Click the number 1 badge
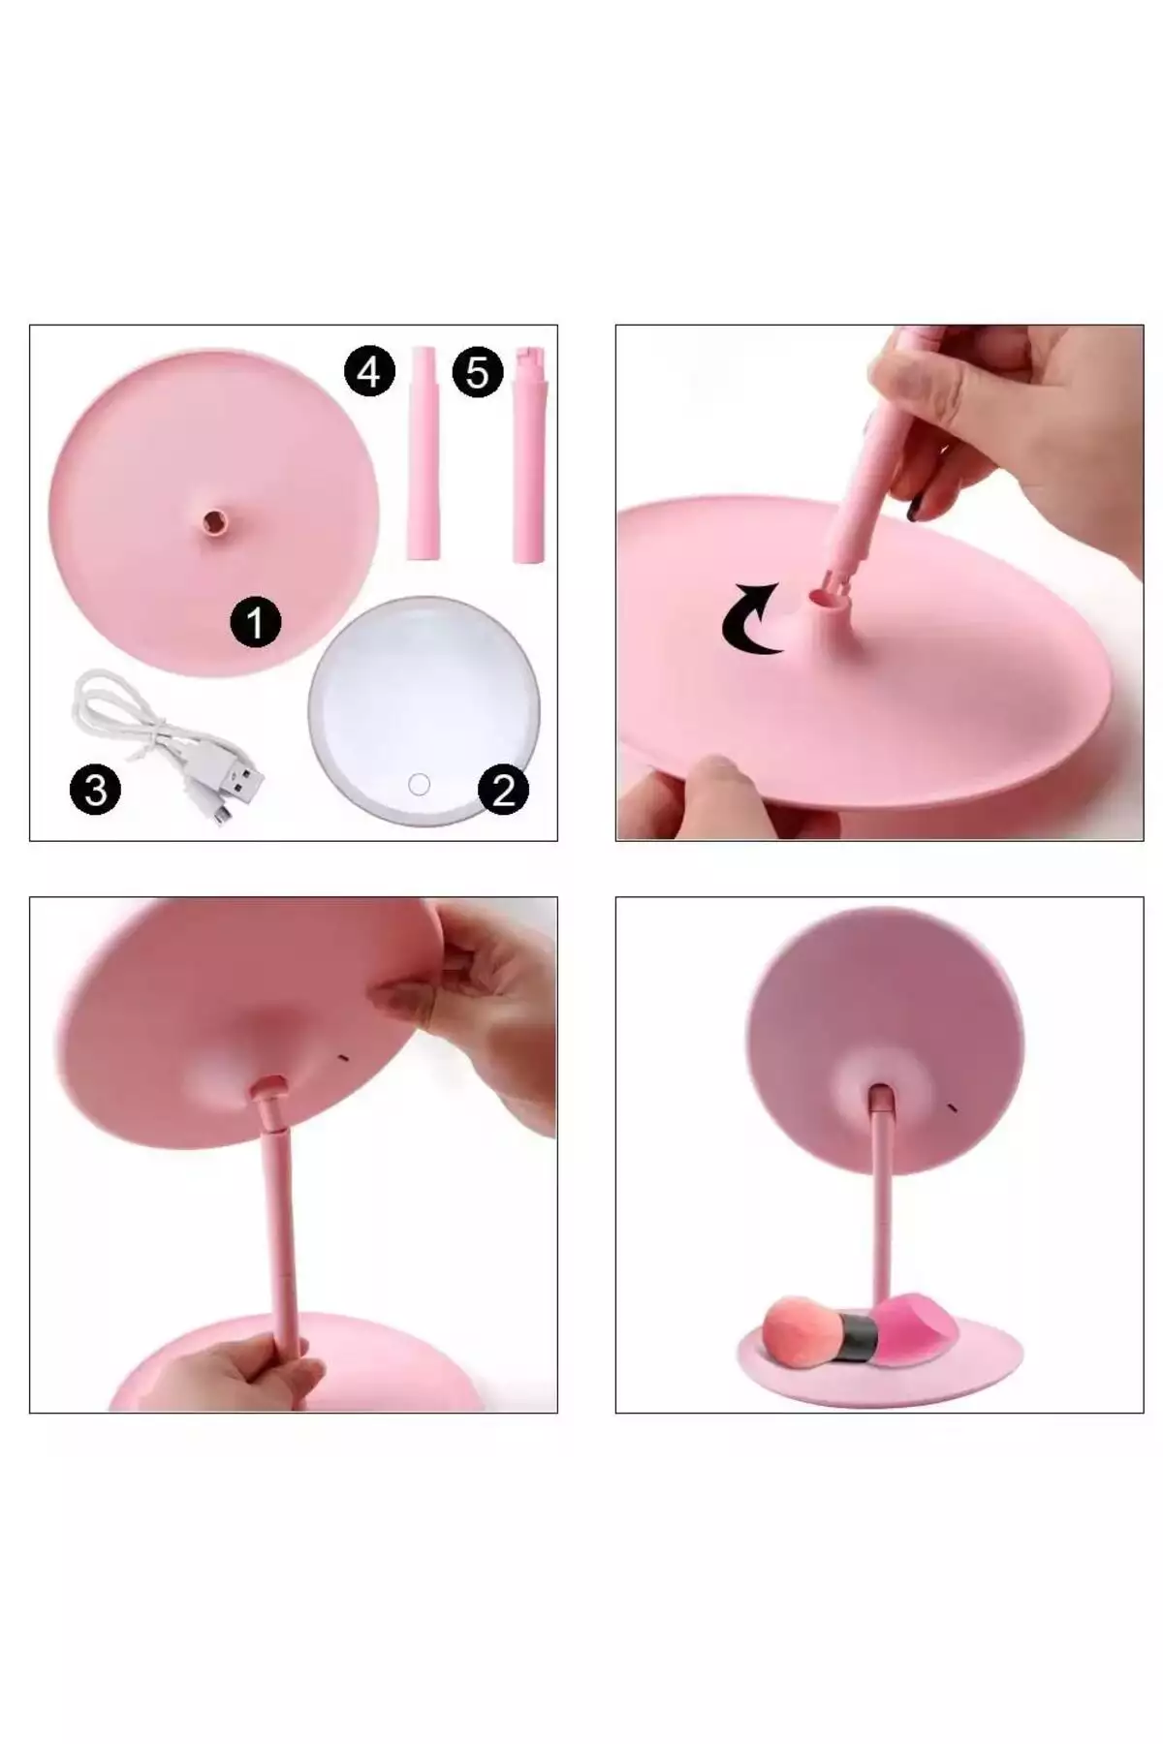(255, 621)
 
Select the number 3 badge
(95, 790)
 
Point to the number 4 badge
(369, 371)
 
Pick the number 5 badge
(477, 371)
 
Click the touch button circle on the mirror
(419, 784)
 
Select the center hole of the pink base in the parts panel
(212, 523)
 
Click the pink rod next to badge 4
(424, 452)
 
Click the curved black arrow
(752, 619)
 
